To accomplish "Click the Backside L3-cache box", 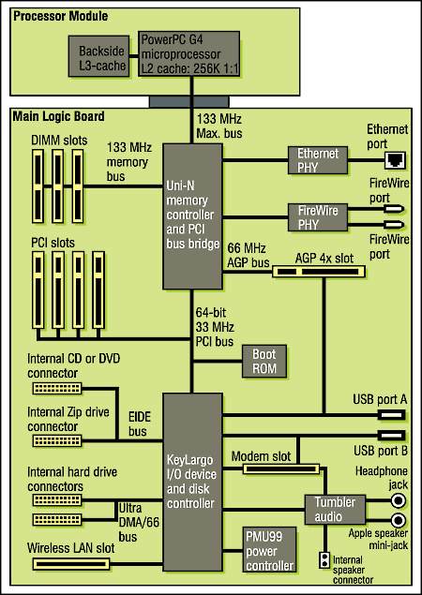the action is pos(98,56).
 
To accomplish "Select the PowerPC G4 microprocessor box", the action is pos(188,54).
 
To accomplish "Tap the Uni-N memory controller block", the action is pos(192,216).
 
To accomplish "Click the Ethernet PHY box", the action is pos(318,160).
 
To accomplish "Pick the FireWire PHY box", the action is pos(318,217).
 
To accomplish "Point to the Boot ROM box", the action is pos(264,362).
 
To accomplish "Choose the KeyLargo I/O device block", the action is pos(192,482).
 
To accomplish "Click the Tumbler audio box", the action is pos(335,509).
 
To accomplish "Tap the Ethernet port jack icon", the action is pos(395,160).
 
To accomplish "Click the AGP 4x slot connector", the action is pos(319,272).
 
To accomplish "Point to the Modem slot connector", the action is pos(281,469).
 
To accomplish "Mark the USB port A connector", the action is pos(392,415).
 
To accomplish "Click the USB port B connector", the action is pos(392,435).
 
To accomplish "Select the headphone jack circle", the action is pos(398,501).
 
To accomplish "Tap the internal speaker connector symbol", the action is pos(324,560).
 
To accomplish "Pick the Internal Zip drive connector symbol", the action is pos(57,441).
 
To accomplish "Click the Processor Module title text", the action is pos(61,16).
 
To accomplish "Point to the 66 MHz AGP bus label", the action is pos(248,256).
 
